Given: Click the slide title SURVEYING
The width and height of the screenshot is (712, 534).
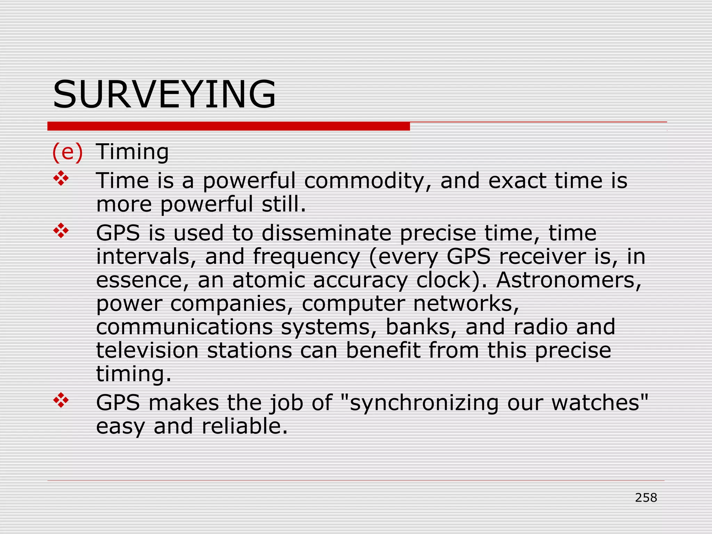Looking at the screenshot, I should tap(164, 95).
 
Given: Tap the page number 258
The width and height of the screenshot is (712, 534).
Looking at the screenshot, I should tap(646, 497).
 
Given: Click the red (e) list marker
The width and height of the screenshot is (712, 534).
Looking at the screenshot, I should tap(67, 152).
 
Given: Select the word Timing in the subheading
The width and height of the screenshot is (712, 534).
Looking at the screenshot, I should tap(132, 152).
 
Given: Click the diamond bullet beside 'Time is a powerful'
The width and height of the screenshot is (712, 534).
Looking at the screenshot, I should tap(61, 178).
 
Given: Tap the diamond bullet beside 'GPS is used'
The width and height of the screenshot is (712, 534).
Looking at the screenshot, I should tap(61, 230).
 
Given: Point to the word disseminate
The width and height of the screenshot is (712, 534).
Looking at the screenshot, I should tap(326, 233).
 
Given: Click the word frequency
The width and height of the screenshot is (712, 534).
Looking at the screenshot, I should tap(306, 257).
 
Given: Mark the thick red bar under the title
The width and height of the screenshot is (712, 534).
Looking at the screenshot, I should tap(228, 126).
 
